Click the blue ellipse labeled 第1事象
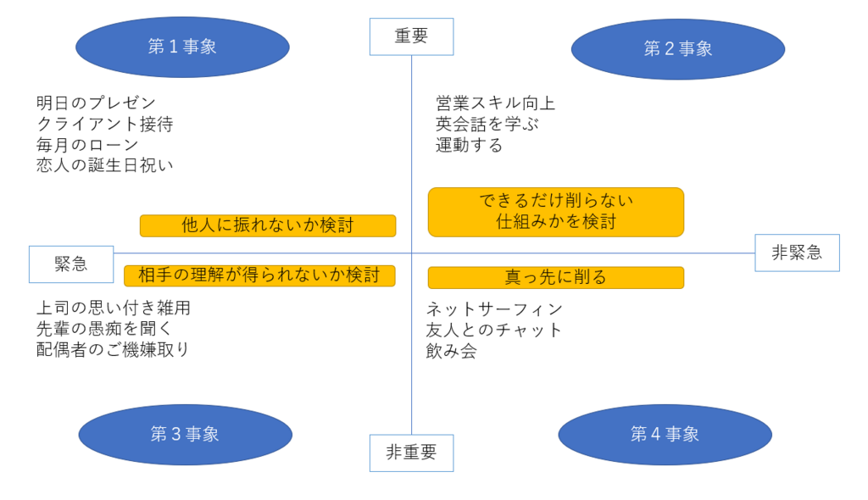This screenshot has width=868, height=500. click(183, 47)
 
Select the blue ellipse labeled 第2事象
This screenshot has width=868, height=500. click(678, 49)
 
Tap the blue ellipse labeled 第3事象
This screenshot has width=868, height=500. click(186, 435)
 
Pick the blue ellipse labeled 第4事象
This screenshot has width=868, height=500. click(665, 435)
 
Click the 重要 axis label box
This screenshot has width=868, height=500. click(411, 36)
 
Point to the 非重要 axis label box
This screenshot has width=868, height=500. click(411, 453)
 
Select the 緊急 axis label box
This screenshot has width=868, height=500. click(71, 264)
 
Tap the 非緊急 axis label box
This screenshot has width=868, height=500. click(797, 253)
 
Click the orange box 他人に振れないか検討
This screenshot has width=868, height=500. click(268, 226)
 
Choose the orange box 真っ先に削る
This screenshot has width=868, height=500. click(556, 277)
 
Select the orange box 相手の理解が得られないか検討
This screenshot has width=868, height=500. click(259, 275)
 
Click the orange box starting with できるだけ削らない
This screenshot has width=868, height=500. click(556, 212)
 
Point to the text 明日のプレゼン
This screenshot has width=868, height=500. click(97, 103)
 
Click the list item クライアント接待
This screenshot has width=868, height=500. click(105, 124)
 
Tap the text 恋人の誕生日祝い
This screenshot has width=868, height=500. click(105, 165)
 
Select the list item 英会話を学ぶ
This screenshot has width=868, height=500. click(487, 124)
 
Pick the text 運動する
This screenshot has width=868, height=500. click(470, 145)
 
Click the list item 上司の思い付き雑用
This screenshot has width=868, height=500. click(114, 308)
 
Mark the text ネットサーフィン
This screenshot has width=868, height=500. click(494, 309)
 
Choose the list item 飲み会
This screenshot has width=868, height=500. click(451, 351)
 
